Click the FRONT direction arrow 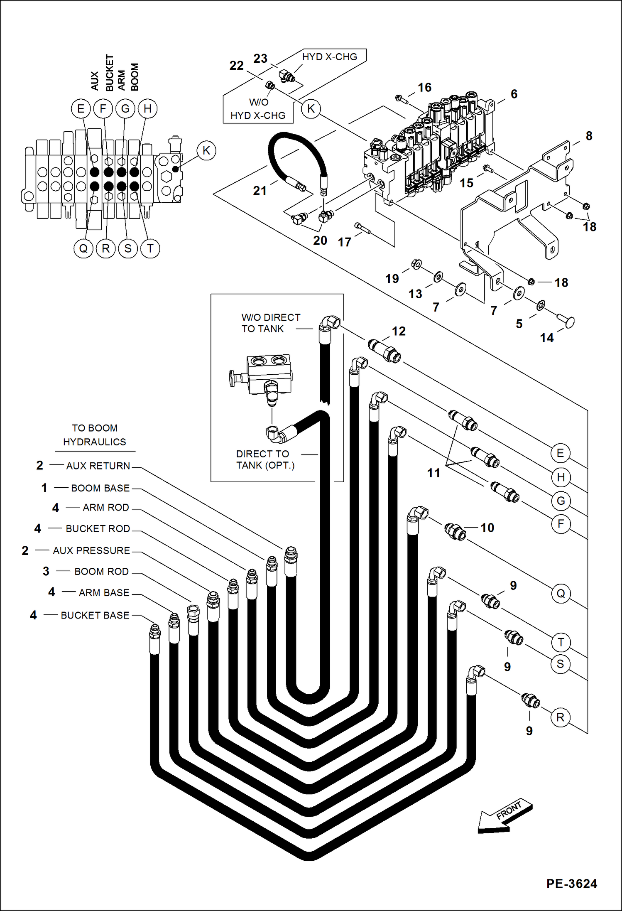pyautogui.click(x=504, y=816)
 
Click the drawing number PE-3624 pyautogui.click(x=571, y=884)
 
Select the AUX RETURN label pyautogui.click(x=98, y=466)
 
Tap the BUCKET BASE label pyautogui.click(x=95, y=615)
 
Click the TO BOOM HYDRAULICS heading pyautogui.click(x=95, y=435)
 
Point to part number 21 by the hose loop pyautogui.click(x=260, y=191)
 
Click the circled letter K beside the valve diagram pyautogui.click(x=206, y=150)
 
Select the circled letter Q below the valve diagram pyautogui.click(x=83, y=248)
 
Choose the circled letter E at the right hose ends pyautogui.click(x=561, y=453)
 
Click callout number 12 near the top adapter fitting pyautogui.click(x=399, y=331)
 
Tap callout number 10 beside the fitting pyautogui.click(x=487, y=528)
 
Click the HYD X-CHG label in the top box pyautogui.click(x=329, y=57)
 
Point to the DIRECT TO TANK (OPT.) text pyautogui.click(x=265, y=459)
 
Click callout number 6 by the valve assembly pyautogui.click(x=514, y=94)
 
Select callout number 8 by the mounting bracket pyautogui.click(x=589, y=136)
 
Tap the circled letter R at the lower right pyautogui.click(x=560, y=717)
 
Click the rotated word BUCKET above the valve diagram pyautogui.click(x=109, y=73)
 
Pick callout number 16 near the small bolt pyautogui.click(x=424, y=87)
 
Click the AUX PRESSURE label pyautogui.click(x=91, y=550)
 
